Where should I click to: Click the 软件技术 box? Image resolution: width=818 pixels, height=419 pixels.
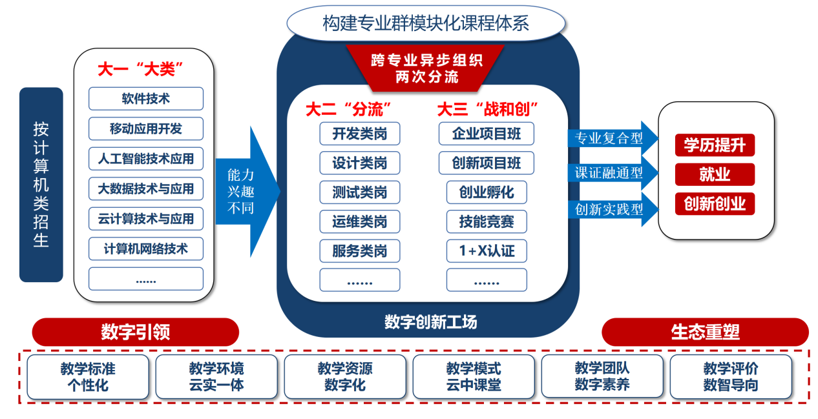(x=145, y=99)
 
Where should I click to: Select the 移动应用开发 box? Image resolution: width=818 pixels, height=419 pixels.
(x=145, y=128)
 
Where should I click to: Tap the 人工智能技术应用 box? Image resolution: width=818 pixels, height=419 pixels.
(x=145, y=158)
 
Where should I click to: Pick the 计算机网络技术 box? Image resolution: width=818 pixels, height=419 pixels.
(x=145, y=249)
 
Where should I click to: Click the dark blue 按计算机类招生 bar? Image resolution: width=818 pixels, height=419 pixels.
(x=41, y=185)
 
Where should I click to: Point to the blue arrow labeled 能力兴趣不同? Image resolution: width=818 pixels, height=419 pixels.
(x=244, y=191)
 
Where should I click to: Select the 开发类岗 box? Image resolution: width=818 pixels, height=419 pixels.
(x=359, y=134)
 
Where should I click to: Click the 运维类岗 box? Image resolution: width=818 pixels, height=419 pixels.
(x=359, y=221)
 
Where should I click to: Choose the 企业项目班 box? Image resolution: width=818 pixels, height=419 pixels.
(x=486, y=134)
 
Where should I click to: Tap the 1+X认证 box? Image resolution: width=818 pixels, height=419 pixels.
(x=486, y=250)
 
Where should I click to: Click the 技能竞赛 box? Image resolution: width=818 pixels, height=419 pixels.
(x=486, y=221)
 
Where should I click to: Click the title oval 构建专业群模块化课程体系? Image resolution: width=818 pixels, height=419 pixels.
(x=426, y=24)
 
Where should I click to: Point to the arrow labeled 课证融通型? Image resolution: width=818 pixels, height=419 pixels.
(x=611, y=173)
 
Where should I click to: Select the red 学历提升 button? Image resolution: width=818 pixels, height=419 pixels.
(x=714, y=145)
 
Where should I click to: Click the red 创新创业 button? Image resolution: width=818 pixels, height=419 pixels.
(x=714, y=204)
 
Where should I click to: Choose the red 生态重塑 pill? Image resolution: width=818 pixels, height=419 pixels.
(x=705, y=332)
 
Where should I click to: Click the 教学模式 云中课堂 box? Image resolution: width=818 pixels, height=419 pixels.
(x=473, y=377)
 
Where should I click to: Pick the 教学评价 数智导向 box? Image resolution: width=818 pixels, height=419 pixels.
(x=730, y=377)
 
